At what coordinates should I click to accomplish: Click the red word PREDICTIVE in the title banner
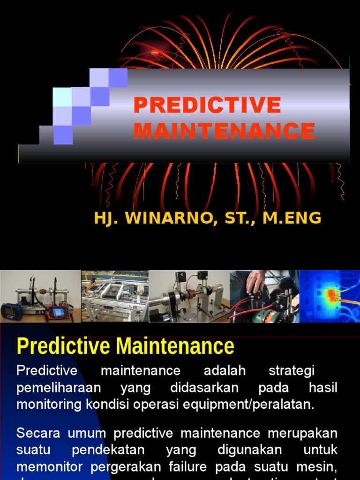click(207, 105)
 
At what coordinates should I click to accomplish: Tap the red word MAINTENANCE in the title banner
click(224, 131)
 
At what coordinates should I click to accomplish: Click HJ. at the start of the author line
click(105, 218)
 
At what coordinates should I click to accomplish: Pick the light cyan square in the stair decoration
click(62, 97)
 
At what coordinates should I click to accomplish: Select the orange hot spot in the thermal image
click(332, 294)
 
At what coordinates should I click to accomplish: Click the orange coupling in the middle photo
click(192, 295)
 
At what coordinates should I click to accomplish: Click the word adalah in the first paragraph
click(225, 370)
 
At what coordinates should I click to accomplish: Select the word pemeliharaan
click(52, 388)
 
